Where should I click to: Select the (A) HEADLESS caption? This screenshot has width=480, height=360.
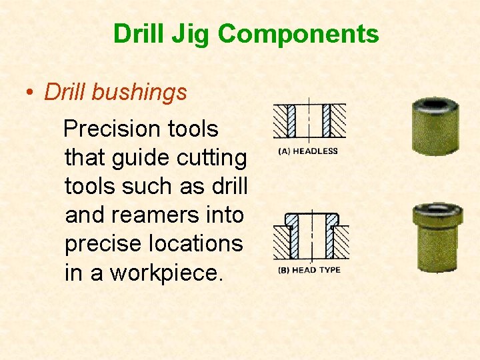[x=307, y=151]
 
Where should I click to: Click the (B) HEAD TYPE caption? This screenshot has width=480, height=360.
[x=309, y=270]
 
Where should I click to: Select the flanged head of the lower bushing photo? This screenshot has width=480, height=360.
[x=437, y=215]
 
